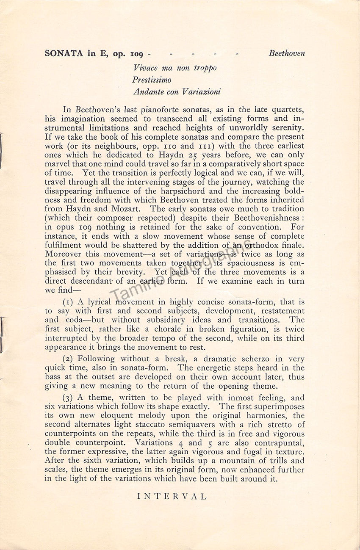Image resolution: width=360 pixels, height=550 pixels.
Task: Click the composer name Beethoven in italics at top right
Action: pyautogui.click(x=286, y=54)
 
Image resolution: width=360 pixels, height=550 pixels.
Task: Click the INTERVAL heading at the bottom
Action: pyautogui.click(x=172, y=497)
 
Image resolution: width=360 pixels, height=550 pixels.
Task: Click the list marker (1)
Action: pyautogui.click(x=69, y=302)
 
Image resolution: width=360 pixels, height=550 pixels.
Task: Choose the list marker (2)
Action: pyautogui.click(x=69, y=359)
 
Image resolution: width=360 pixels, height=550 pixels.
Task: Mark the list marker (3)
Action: pyautogui.click(x=69, y=398)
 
